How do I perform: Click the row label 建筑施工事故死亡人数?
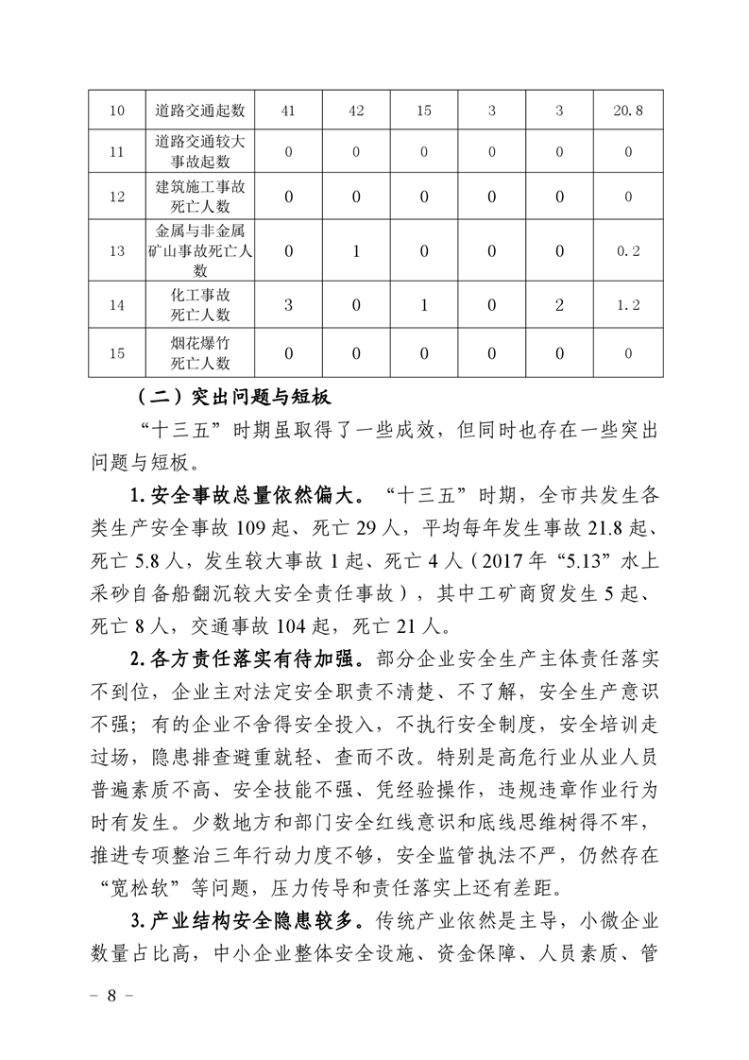(200, 197)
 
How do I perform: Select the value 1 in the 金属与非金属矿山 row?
(356, 250)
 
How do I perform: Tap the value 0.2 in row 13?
(628, 250)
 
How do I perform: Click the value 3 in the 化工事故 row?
(289, 305)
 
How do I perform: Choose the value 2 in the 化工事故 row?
(559, 305)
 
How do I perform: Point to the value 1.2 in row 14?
(628, 305)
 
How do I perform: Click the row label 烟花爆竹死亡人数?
(200, 353)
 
